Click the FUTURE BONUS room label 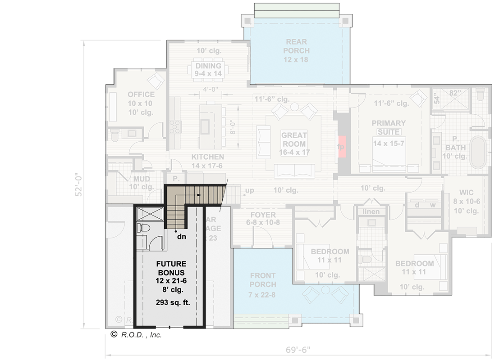coord(170,268)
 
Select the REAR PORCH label coord(296,46)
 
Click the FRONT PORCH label coord(263,280)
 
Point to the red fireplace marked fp coord(341,147)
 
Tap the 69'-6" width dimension coord(298,350)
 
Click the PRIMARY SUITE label coord(389,127)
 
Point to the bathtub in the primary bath coord(478,153)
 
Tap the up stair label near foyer coord(249,190)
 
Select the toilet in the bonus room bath coord(143,228)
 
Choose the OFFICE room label coord(141,94)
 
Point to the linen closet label coord(371,211)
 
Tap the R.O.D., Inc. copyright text coord(136,334)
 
